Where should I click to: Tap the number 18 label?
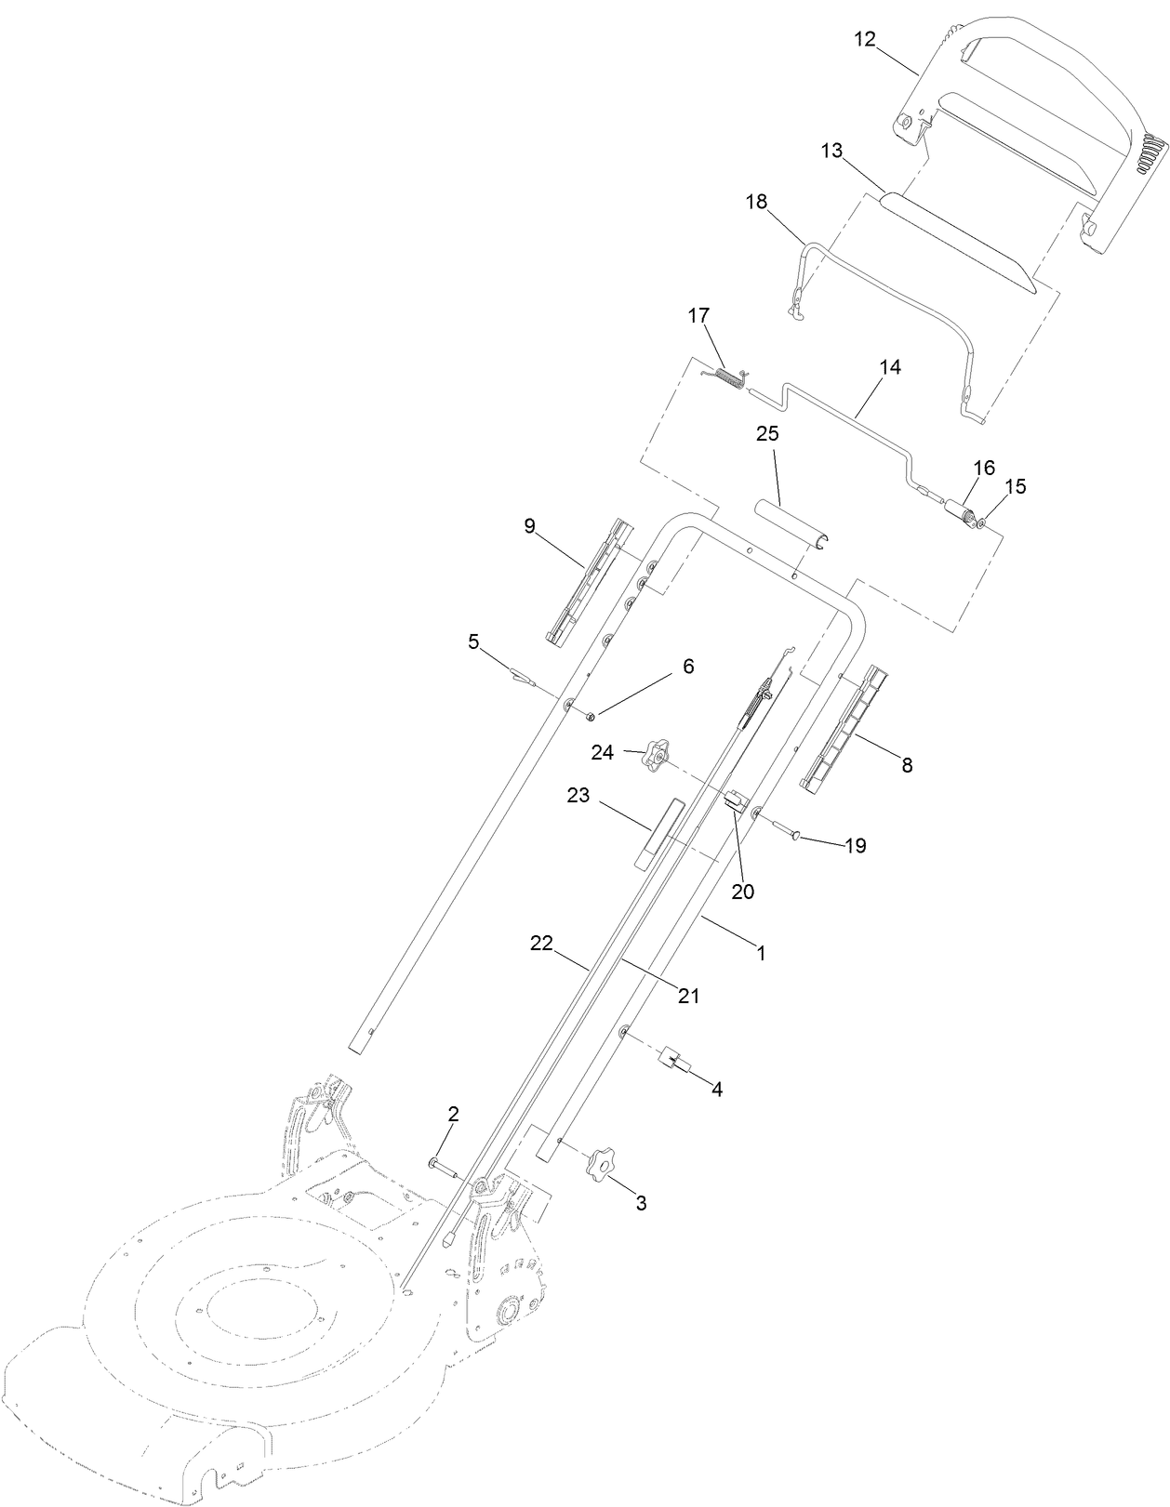tap(756, 203)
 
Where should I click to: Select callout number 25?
tap(767, 434)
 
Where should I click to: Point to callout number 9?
tap(529, 526)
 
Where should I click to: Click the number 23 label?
tap(579, 797)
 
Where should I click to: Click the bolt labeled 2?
tap(445, 1165)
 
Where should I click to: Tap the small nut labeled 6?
tap(591, 717)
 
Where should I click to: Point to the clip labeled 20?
tap(737, 800)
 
